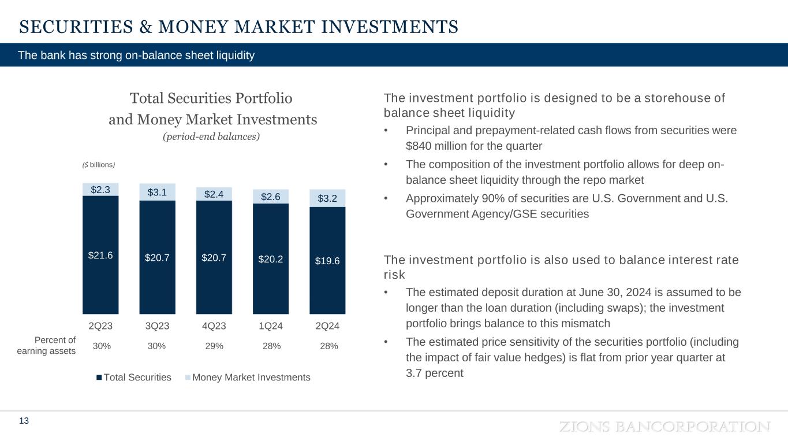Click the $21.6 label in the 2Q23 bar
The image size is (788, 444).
pos(100,255)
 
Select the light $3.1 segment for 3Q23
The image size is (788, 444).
pos(157,192)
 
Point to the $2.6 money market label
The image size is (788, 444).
pos(271,197)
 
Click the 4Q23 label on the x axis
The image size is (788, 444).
pos(214,326)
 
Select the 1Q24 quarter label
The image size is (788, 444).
pos(271,326)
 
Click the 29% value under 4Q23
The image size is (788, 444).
pos(215,346)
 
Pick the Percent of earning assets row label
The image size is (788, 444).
pos(55,346)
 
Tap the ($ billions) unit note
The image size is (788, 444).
pos(99,165)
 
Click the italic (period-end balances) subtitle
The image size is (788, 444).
pos(211,136)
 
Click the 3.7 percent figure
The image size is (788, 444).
pos(435,373)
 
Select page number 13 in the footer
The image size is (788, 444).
pos(24,421)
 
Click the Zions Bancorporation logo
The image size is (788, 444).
pos(664,427)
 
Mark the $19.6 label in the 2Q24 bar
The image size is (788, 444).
pos(327,261)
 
